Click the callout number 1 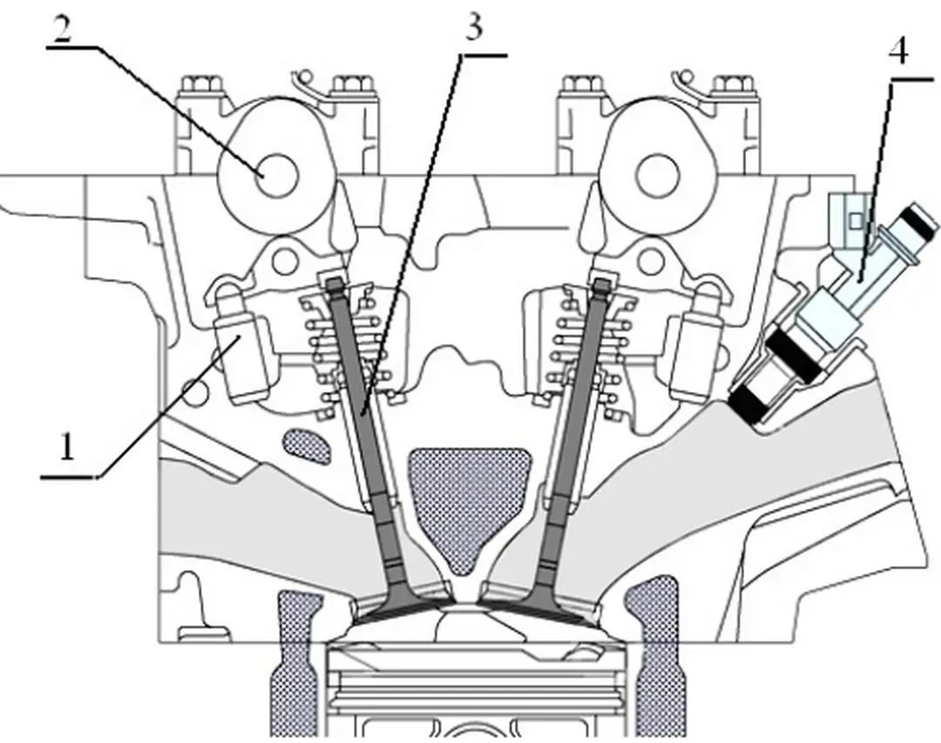64,449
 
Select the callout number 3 472,28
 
